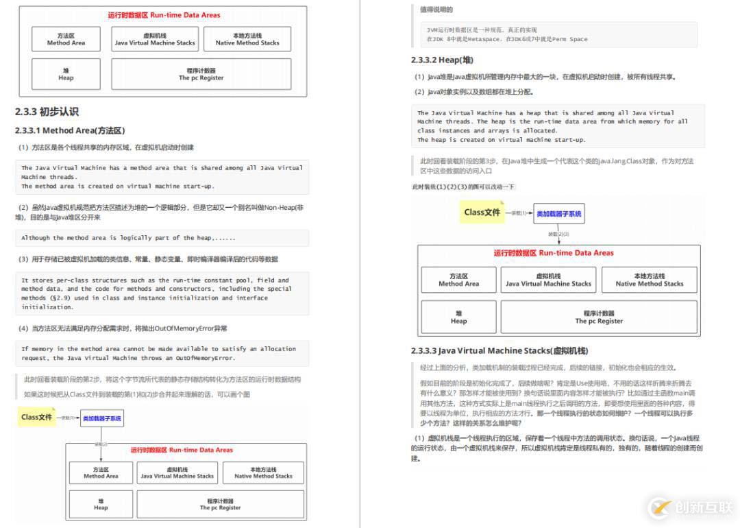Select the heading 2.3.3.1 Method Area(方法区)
coord(70,130)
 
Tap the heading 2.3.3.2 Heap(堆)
coord(442,60)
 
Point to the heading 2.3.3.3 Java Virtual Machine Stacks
coord(500,351)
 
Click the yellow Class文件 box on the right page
coord(482,213)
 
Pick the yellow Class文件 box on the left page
coord(37,417)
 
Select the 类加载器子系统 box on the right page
coord(559,214)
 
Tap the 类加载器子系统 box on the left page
coord(102,418)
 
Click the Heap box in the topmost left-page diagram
coord(66,74)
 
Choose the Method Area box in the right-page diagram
coord(458,280)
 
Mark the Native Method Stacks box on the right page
coord(649,280)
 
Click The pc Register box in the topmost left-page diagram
coord(201,74)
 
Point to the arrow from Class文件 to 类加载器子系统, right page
coord(519,213)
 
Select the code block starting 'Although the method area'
coord(162,238)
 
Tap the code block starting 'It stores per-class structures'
coord(162,293)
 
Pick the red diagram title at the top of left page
coord(164,15)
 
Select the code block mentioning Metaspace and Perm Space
coord(558,34)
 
